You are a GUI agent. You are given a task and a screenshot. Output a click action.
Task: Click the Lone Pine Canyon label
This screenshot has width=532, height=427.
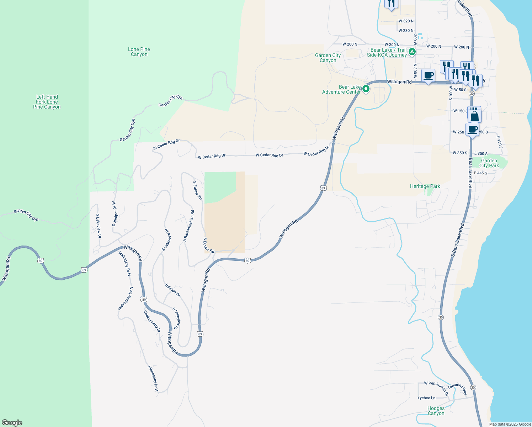pyautogui.click(x=139, y=52)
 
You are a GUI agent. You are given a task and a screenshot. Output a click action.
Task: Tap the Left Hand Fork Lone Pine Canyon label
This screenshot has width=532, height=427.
pyautogui.click(x=47, y=102)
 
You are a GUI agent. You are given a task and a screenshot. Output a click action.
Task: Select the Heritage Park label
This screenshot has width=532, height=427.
pyautogui.click(x=425, y=186)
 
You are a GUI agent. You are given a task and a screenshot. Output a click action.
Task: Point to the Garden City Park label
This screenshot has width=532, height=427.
pyautogui.click(x=489, y=163)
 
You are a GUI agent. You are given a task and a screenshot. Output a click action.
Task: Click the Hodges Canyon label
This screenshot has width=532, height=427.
pyautogui.click(x=436, y=411)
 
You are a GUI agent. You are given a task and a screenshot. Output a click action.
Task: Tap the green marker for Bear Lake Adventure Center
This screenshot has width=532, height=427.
pyautogui.click(x=366, y=89)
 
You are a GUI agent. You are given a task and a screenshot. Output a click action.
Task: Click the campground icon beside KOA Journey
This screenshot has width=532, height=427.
pyautogui.click(x=412, y=52)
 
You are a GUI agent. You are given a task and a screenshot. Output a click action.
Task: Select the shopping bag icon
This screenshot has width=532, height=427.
pyautogui.click(x=474, y=116)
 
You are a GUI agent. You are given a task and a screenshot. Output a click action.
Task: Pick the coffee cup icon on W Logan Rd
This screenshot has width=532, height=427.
pyautogui.click(x=428, y=76)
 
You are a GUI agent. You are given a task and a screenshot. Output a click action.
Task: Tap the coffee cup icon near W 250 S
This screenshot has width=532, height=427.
pyautogui.click(x=472, y=130)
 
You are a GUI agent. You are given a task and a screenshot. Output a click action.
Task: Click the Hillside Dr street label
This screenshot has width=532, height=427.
pyautogui.click(x=172, y=290)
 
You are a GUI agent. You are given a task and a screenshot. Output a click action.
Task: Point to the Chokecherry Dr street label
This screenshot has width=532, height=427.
pyautogui.click(x=152, y=321)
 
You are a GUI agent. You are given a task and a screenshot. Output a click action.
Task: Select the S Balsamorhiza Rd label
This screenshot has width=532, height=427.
pyautogui.click(x=189, y=226)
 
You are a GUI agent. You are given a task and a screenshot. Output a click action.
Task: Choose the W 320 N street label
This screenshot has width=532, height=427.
pyautogui.click(x=406, y=21)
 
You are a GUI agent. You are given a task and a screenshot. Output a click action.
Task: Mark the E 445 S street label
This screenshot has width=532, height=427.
pyautogui.click(x=480, y=173)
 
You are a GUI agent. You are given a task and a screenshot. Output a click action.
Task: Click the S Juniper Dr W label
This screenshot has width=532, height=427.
pyautogui.click(x=114, y=214)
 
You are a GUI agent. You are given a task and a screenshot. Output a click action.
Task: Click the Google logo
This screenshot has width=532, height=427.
pyautogui.click(x=12, y=423)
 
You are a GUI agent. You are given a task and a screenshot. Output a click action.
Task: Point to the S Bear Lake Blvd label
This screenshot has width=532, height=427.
pyautogui.click(x=458, y=240)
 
